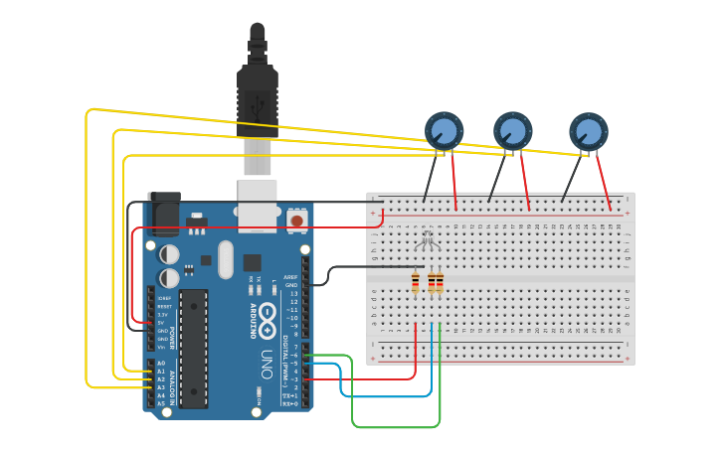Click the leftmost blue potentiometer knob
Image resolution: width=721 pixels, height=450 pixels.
pos(444,130)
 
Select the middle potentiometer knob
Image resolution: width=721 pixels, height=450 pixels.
pos(513,130)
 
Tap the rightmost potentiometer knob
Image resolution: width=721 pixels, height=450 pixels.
pos(588,131)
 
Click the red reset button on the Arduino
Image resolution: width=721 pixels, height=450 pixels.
pos(295,219)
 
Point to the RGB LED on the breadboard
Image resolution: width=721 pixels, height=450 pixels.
pos(427,239)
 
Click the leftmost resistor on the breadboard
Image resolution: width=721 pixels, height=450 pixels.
pos(415,283)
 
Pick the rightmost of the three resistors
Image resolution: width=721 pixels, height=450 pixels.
pos(440,283)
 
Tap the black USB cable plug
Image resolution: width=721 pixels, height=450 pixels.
pos(258,99)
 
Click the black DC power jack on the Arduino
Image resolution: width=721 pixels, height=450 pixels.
pos(163,212)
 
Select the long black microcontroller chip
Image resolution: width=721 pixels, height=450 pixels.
pos(193,348)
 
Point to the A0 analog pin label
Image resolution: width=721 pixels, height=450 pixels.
pos(161,364)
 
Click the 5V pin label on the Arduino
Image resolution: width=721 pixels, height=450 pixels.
pos(161,322)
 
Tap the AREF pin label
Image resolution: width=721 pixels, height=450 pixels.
pos(291,277)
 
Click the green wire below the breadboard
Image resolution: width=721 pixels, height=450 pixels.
pos(398,427)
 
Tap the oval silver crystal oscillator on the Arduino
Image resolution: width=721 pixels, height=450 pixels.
pos(226,259)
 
